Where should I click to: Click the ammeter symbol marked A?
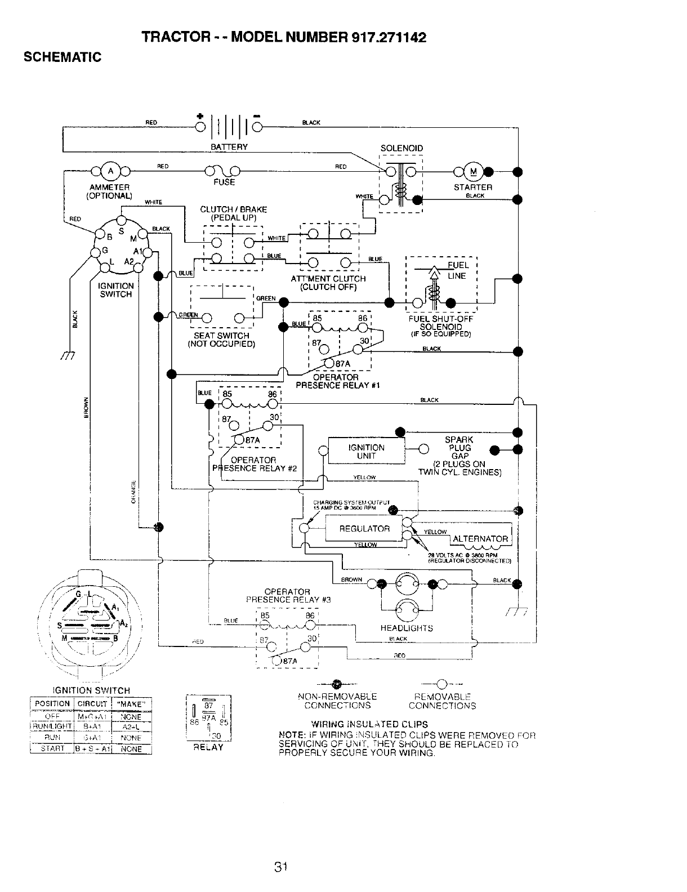click(110, 171)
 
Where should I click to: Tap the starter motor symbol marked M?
click(473, 172)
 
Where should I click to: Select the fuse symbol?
click(224, 171)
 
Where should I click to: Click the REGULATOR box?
click(364, 529)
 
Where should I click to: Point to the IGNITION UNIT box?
click(366, 452)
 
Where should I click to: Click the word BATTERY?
click(229, 147)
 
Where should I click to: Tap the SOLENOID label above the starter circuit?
click(402, 149)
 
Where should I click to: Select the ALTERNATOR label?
click(480, 539)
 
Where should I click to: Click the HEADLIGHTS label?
click(407, 628)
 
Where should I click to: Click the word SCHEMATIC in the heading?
click(61, 57)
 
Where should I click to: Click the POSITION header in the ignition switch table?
click(52, 703)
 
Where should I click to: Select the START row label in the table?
click(52, 749)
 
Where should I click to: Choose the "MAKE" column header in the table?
click(132, 703)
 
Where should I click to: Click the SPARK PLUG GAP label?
click(459, 448)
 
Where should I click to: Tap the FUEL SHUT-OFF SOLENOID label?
click(441, 323)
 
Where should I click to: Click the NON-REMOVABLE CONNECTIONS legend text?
click(337, 701)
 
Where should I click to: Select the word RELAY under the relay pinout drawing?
click(208, 747)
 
